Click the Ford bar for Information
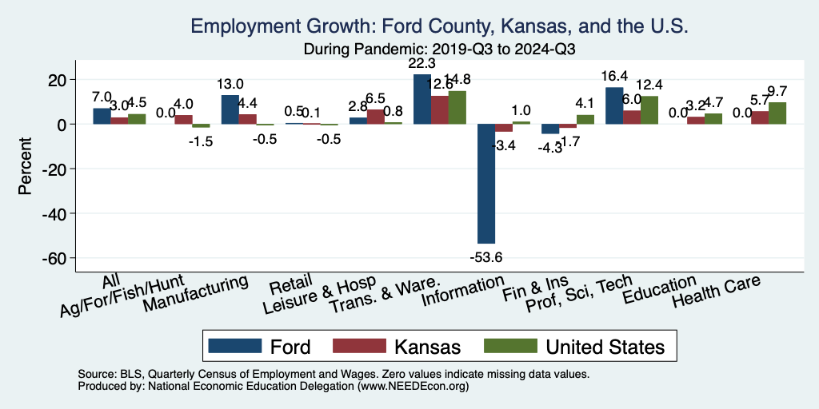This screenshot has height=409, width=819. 486,184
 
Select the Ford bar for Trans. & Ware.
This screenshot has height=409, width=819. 421,99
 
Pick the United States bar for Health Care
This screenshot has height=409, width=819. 777,113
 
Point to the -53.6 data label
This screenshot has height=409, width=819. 486,256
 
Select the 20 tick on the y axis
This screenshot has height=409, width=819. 56,80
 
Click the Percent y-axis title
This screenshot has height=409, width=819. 26,169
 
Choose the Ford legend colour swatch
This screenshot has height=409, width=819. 235,346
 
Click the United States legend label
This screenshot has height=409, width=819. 605,346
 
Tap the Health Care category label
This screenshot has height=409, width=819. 715,292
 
